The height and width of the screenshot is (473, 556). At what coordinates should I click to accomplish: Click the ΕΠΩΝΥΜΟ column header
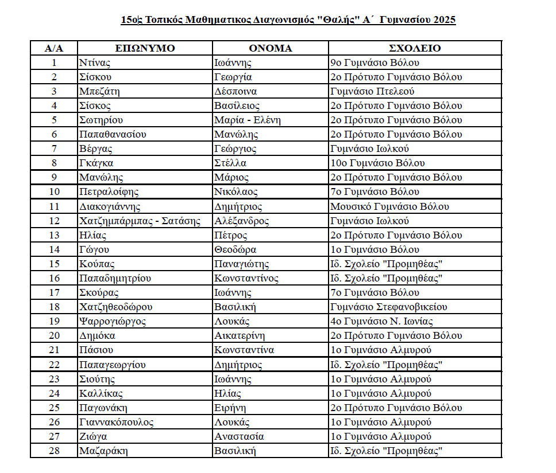click(x=144, y=48)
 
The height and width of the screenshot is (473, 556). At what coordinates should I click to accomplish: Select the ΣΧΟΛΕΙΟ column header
click(x=415, y=48)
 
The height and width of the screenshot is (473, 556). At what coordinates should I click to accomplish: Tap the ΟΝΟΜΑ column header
click(x=270, y=48)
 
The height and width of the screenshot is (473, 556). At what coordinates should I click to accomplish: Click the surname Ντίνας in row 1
click(x=95, y=62)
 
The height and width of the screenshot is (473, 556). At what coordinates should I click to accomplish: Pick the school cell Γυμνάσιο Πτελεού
click(x=372, y=91)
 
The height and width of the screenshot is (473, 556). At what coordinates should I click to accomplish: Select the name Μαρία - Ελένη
click(x=248, y=120)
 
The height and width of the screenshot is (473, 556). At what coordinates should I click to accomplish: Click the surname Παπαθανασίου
click(x=113, y=134)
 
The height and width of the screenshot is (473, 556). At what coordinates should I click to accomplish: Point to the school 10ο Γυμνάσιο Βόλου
click(x=377, y=163)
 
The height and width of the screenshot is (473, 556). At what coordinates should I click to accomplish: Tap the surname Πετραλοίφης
click(x=109, y=192)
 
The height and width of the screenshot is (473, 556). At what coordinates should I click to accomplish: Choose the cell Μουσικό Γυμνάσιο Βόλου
click(x=389, y=206)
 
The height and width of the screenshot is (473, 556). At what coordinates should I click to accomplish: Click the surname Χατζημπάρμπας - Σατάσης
click(x=140, y=221)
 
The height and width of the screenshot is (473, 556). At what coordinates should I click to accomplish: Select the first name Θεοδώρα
click(x=235, y=249)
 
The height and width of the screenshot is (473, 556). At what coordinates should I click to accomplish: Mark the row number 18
click(x=54, y=307)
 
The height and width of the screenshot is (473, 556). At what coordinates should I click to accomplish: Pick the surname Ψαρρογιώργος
click(x=113, y=321)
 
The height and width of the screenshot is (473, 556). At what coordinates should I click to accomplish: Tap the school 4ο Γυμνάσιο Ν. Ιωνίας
click(x=381, y=321)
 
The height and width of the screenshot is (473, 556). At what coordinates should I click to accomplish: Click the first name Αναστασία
click(x=239, y=436)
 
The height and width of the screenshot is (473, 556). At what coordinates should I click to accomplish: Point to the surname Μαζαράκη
click(x=103, y=451)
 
